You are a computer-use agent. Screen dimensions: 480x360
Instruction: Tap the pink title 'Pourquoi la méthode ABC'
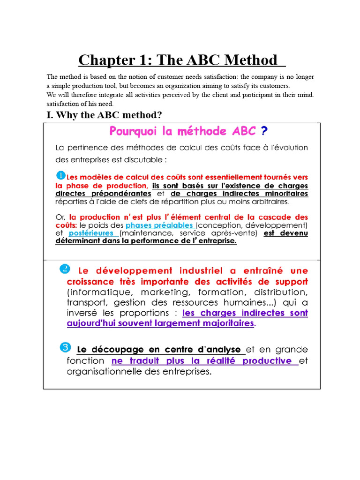pyautogui.click(x=182, y=130)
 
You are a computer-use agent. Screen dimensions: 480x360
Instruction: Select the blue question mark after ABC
pyautogui.click(x=265, y=130)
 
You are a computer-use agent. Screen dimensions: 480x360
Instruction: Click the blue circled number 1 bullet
pyautogui.click(x=60, y=175)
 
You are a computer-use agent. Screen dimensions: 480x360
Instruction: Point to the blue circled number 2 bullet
pyautogui.click(x=65, y=269)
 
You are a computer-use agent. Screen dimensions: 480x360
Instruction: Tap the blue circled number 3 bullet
pyautogui.click(x=65, y=347)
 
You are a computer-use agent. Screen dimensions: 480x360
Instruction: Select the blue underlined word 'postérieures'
pyautogui.click(x=91, y=233)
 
